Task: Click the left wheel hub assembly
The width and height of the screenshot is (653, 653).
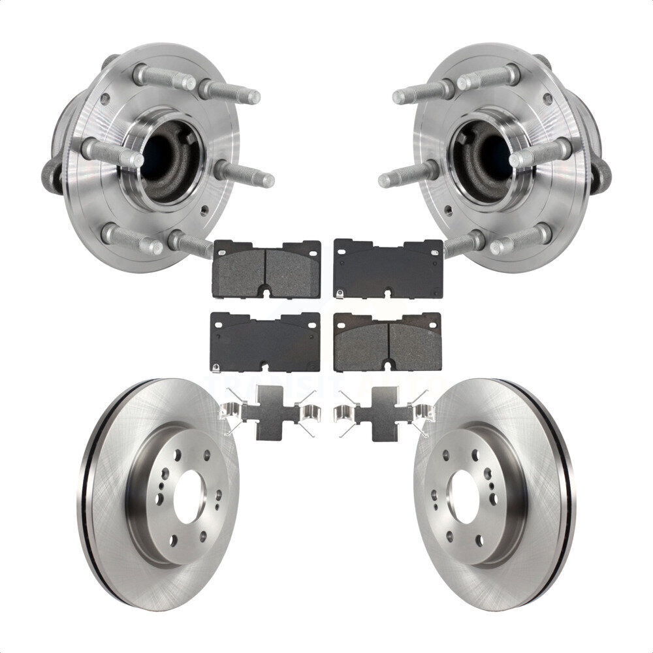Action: (150, 157)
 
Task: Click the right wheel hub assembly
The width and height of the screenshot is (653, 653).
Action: (503, 157)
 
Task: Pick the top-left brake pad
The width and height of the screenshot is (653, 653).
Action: (267, 268)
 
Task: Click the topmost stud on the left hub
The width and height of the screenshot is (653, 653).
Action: (163, 79)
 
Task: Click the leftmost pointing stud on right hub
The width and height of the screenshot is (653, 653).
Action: (405, 176)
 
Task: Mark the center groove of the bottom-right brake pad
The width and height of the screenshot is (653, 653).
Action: (389, 345)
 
